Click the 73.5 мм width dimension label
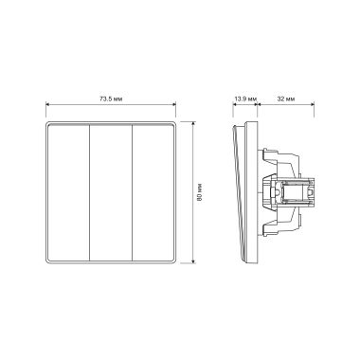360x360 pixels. click(111, 99)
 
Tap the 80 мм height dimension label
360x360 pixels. click(199, 192)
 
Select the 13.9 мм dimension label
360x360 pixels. click(245, 99)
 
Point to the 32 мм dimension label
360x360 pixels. click(286, 99)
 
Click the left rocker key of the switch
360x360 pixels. click(68, 192)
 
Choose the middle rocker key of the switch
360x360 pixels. click(111, 192)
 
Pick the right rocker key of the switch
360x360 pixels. click(153, 192)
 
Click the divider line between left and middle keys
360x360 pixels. click(90, 192)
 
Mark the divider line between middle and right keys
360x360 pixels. click(132, 192)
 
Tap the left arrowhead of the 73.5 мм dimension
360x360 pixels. click(47, 103)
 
